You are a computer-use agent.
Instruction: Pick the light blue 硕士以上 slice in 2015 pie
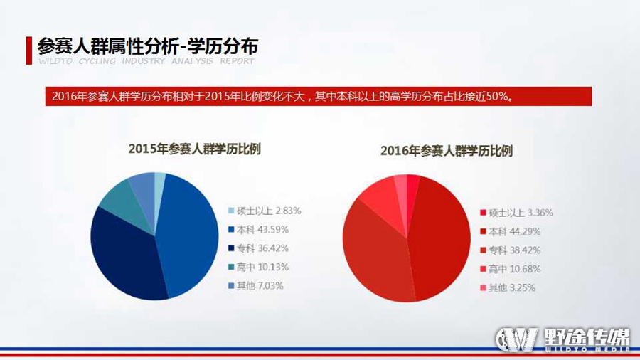coord(159,188)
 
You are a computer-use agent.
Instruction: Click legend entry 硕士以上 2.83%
coord(265,211)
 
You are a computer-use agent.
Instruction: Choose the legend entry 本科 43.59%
coord(258,229)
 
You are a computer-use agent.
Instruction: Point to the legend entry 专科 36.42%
coord(258,248)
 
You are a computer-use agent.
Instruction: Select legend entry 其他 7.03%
coord(255,286)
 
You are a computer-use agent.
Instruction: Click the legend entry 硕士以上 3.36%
coord(516,213)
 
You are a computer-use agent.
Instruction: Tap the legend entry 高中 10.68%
coord(510,269)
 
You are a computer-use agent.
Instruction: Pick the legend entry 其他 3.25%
coord(507,287)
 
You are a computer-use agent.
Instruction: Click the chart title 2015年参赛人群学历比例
coord(195,149)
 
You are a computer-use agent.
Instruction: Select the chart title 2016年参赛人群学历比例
coord(447,151)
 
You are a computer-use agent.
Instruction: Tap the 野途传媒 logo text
coord(587,337)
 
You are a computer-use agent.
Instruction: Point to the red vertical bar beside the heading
coord(28,51)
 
